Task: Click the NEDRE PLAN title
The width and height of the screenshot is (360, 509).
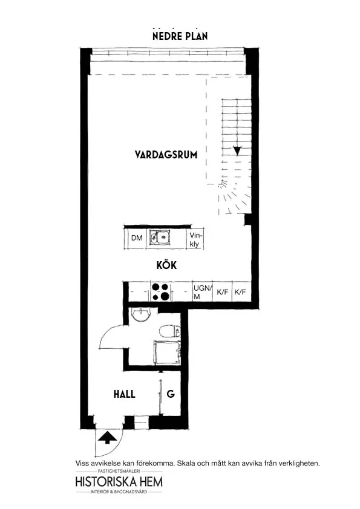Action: click(x=180, y=36)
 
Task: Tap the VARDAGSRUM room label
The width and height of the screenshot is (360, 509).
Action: click(x=166, y=154)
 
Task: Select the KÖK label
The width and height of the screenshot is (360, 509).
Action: click(x=166, y=265)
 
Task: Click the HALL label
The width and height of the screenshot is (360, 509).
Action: click(x=125, y=394)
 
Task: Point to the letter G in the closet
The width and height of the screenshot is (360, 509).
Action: click(x=171, y=394)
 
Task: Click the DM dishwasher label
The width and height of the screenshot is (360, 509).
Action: click(x=137, y=238)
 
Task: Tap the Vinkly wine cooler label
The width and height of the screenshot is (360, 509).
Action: click(x=195, y=239)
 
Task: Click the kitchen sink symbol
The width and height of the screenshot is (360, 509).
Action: click(x=159, y=238)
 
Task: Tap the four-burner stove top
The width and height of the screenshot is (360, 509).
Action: click(x=160, y=291)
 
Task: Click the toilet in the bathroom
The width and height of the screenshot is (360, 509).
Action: click(x=169, y=331)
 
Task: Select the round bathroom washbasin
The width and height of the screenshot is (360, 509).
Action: click(x=141, y=314)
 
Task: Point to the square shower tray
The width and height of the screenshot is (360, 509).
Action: click(x=167, y=352)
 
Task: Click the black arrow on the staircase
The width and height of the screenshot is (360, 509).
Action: click(x=237, y=151)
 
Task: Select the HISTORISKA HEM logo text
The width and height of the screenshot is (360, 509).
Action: click(x=119, y=481)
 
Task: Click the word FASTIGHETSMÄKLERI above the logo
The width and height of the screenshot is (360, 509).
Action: click(x=119, y=470)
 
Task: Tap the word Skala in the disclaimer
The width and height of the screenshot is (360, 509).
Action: click(x=186, y=463)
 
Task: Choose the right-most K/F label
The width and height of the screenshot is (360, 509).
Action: click(x=240, y=292)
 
